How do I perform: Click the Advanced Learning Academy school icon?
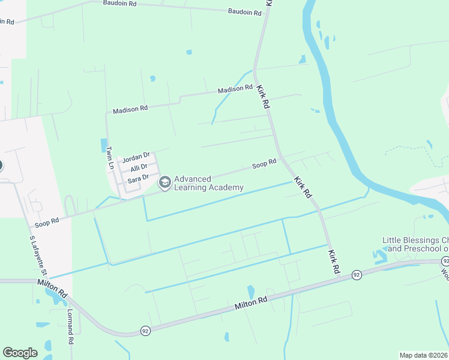coord(164,182)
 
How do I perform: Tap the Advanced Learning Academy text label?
coord(208,183)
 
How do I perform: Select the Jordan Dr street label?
coord(136,158)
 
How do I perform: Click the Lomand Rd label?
coord(70,326)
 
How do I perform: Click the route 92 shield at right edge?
coord(445,261)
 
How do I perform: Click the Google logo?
coord(20,353)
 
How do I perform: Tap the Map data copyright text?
coord(424,355)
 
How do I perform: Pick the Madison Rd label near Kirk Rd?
coord(235,89)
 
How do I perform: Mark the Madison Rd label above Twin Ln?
coord(130,109)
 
